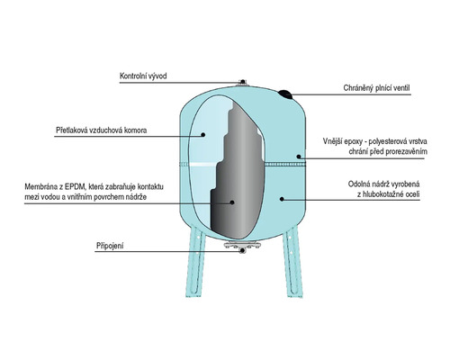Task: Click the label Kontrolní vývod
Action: tap(143, 76)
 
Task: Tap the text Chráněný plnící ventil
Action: tap(376, 88)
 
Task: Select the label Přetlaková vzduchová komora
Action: tap(102, 130)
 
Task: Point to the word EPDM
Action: tap(76, 186)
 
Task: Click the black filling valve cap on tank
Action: tap(285, 94)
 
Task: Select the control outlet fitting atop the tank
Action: tap(242, 83)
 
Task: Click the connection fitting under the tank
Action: tap(242, 247)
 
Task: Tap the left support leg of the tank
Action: tap(195, 262)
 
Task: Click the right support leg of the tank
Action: tap(292, 262)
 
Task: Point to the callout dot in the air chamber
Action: tap(202, 135)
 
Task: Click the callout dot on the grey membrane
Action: tap(232, 202)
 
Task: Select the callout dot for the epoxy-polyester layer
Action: tap(299, 157)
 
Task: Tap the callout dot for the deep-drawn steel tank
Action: tap(282, 199)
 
